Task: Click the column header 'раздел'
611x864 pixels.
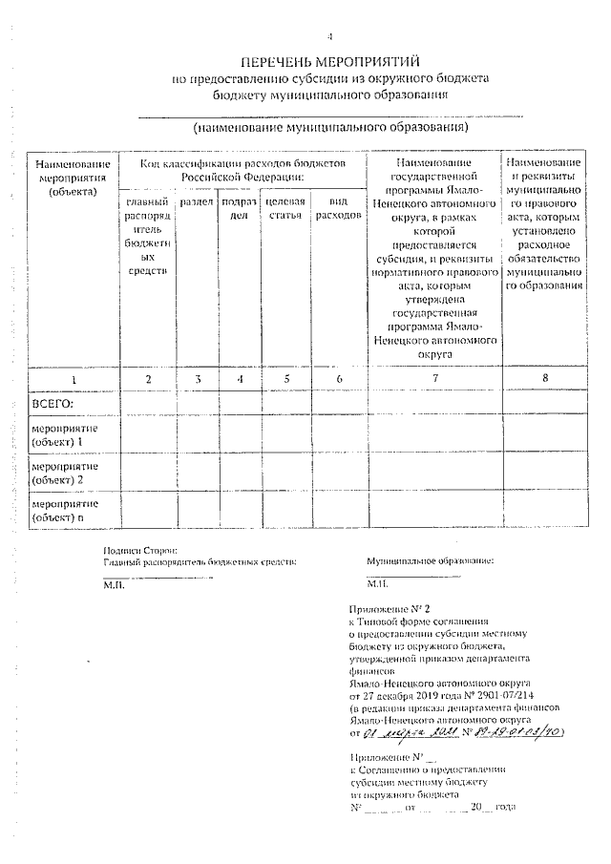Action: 197,202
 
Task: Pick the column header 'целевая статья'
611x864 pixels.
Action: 284,209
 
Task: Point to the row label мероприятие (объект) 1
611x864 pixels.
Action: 64,435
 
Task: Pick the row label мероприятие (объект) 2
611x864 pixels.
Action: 64,472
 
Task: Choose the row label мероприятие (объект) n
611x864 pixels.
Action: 64,509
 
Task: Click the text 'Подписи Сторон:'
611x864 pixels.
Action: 140,551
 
